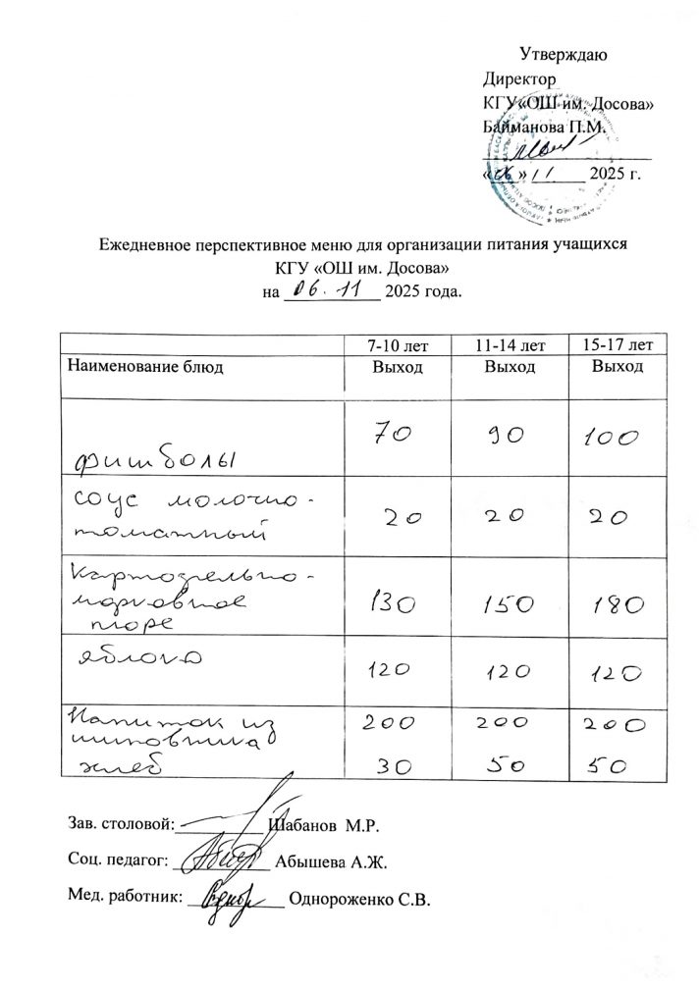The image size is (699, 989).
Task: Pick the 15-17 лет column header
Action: (618, 344)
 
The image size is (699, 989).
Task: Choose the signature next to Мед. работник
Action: (231, 898)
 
